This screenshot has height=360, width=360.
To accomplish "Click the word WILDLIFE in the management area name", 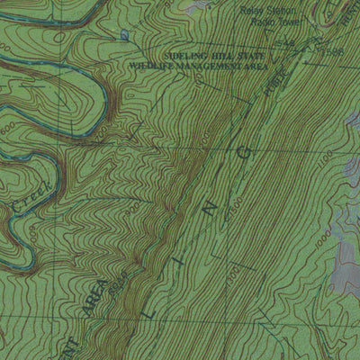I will (149, 66).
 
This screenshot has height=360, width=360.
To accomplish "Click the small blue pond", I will (123, 35).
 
